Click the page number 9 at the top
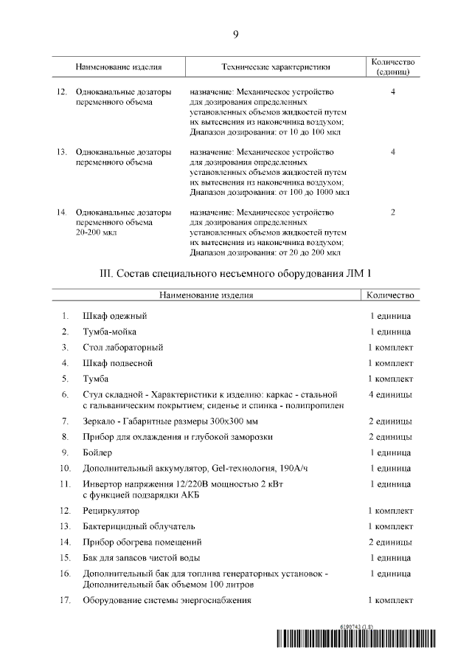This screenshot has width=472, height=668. coord(235,34)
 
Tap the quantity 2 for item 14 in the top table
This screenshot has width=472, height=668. coord(393,213)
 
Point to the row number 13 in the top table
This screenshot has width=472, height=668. coord(62,152)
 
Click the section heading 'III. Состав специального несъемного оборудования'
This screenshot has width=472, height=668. coord(235,273)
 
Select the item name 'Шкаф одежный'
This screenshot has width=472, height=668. coord(108,317)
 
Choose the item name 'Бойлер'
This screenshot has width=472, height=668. coord(97,452)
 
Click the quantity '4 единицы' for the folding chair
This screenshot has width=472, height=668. coord(390,395)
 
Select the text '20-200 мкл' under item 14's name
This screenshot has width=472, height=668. coord(96,233)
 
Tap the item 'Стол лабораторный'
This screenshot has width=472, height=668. coord(122,347)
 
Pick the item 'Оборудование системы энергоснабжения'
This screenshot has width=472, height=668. coord(167,600)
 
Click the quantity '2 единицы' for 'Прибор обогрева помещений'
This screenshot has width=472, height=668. coord(390,542)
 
